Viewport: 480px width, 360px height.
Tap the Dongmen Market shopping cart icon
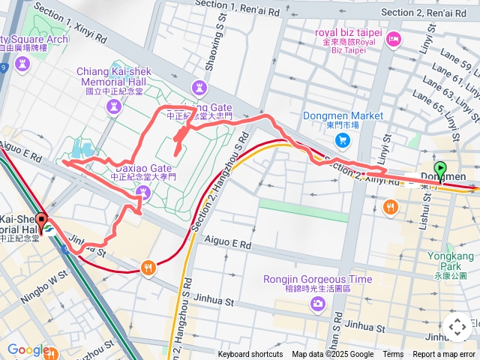[343, 139]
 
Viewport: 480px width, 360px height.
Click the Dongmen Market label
[343, 115]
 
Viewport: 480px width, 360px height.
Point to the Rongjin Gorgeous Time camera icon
[318, 303]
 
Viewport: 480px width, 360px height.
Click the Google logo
[28, 349]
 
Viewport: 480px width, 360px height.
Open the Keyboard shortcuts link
[250, 355]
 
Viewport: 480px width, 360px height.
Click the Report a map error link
[444, 355]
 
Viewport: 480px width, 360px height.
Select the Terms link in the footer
[393, 355]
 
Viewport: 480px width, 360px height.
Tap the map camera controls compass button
[457, 327]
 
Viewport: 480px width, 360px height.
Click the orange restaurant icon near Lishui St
[390, 207]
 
